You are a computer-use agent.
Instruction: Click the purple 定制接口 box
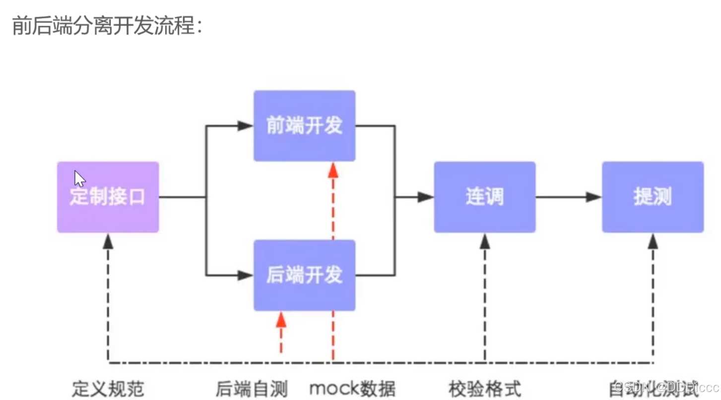click(108, 197)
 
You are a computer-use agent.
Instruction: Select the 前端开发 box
click(304, 125)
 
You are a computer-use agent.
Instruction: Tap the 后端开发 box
click(304, 275)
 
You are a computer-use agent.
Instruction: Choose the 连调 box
click(484, 197)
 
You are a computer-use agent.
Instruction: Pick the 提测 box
click(653, 197)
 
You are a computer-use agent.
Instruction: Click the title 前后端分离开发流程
click(107, 26)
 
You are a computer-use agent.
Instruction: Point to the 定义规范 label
click(108, 388)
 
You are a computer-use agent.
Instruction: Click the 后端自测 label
click(252, 388)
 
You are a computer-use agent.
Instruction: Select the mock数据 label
click(352, 388)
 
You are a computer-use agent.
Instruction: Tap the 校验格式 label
click(485, 388)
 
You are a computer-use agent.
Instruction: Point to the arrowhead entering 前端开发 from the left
click(245, 126)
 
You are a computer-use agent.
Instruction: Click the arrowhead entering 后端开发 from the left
click(245, 276)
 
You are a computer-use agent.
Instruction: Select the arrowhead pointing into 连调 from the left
click(425, 197)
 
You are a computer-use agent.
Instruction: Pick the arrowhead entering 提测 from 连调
click(593, 197)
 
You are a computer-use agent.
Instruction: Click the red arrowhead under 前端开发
click(333, 170)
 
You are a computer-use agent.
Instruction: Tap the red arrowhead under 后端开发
click(281, 320)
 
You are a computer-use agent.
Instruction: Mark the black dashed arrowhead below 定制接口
click(108, 241)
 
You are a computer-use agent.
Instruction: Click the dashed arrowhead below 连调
click(485, 241)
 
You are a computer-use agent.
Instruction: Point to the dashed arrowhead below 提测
click(653, 241)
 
